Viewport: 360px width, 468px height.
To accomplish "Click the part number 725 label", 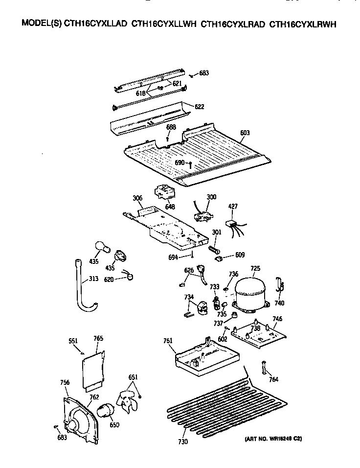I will point(255,269).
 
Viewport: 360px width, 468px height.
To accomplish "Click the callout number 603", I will point(245,132).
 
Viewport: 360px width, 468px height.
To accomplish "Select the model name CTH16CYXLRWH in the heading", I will point(303,23).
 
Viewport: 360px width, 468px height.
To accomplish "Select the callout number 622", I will point(199,107).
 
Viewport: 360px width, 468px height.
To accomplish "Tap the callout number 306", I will point(137,198).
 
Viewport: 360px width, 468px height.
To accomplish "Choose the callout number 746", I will point(277,319).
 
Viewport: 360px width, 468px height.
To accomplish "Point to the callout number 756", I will point(65,382).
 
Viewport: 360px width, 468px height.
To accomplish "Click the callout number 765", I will point(98,338).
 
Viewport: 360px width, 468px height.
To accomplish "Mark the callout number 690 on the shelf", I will point(180,162).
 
